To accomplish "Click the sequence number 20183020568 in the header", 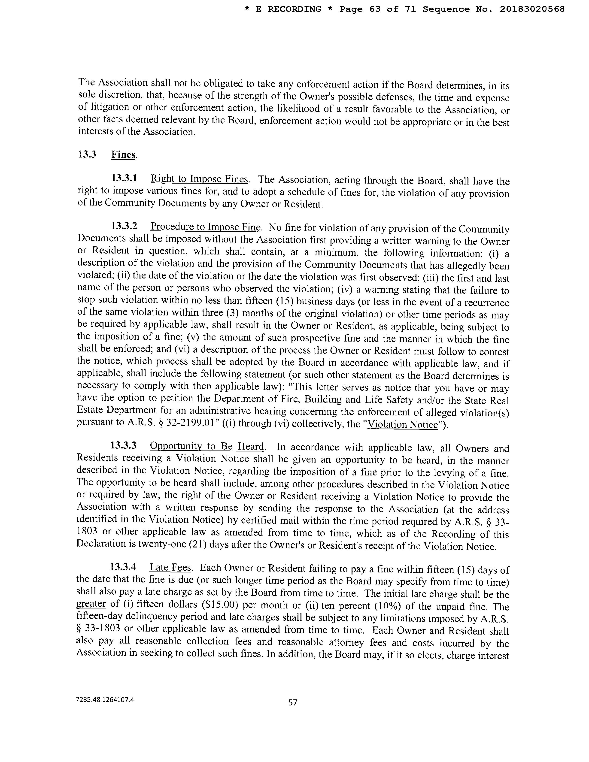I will [x=532, y=9].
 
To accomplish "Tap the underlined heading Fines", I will [x=123, y=154].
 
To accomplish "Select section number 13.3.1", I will [x=124, y=178].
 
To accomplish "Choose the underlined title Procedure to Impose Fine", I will [x=206, y=227].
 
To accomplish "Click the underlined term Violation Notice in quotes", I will [x=403, y=425].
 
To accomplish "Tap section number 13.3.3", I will [x=123, y=446].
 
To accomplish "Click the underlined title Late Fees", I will [x=170, y=568].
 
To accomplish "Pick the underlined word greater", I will [x=91, y=604].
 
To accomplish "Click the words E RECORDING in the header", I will [x=288, y=9].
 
